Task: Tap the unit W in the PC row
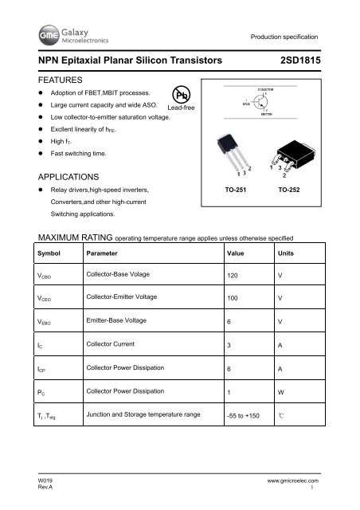click(x=280, y=392)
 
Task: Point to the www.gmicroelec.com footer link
click(x=287, y=482)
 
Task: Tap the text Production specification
click(x=284, y=37)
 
